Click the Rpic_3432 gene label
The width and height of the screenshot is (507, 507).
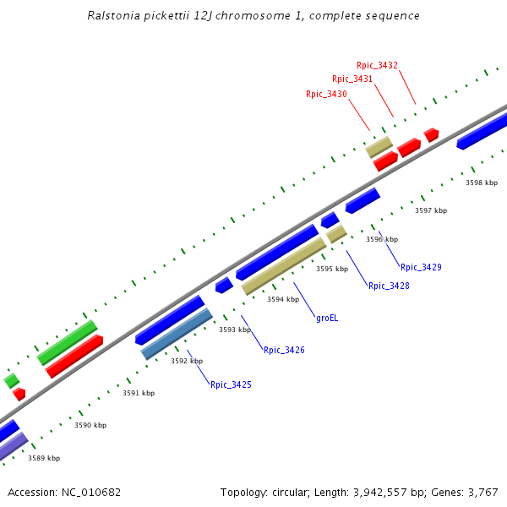click(x=377, y=65)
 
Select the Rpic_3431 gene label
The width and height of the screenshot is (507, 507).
click(x=352, y=79)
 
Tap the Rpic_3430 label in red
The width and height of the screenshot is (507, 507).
click(x=326, y=94)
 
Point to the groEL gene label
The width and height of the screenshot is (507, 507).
click(x=327, y=318)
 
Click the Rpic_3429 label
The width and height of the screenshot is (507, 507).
click(x=421, y=267)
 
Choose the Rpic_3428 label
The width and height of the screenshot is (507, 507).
click(x=389, y=286)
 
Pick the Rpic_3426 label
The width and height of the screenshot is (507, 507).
click(x=284, y=350)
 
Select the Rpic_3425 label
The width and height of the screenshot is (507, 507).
click(x=231, y=384)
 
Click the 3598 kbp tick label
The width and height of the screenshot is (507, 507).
click(x=482, y=183)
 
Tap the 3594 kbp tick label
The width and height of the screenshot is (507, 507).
click(x=283, y=299)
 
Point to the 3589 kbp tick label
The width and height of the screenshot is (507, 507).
click(x=44, y=458)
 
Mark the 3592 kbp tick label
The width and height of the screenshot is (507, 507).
click(x=187, y=361)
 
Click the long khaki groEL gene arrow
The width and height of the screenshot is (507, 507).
click(x=284, y=266)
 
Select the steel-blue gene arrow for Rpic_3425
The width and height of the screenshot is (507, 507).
click(x=177, y=334)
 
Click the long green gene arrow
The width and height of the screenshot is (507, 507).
click(x=67, y=342)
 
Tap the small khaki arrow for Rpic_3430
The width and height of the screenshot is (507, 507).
click(x=379, y=147)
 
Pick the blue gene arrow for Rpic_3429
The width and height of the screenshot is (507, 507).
click(x=363, y=200)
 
